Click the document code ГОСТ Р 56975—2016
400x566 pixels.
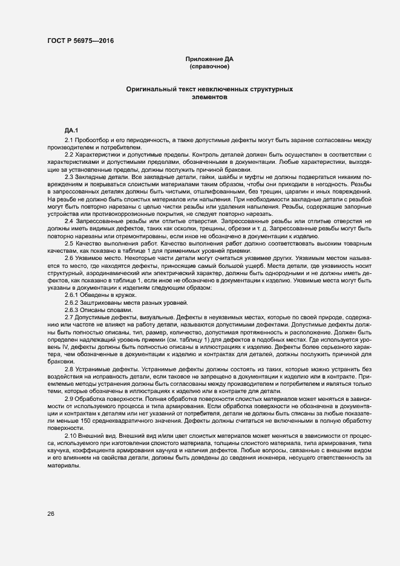(80, 41)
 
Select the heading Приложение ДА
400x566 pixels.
(209, 59)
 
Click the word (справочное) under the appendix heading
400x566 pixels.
(209, 66)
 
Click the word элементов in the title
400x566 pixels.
(209, 96)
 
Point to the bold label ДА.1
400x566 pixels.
(71, 131)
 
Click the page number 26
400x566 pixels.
(51, 513)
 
